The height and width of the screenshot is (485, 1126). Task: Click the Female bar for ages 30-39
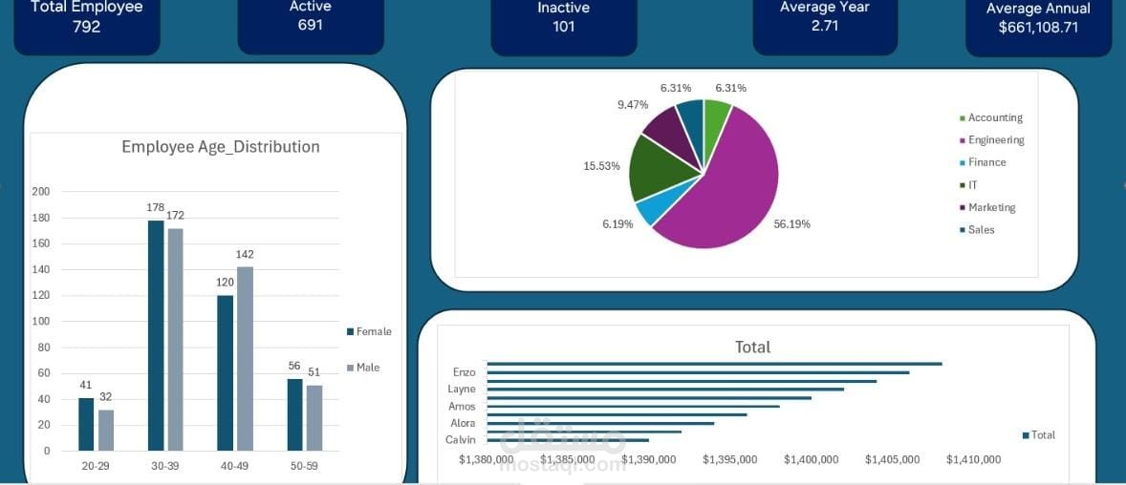pyautogui.click(x=156, y=335)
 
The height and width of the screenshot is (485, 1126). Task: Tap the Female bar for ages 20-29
pyautogui.click(x=86, y=424)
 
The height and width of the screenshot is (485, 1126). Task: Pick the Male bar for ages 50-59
pyautogui.click(x=314, y=417)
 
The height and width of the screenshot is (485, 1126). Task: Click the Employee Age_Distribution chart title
pyautogui.click(x=220, y=147)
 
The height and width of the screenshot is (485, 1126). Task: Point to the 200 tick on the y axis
pyautogui.click(x=41, y=191)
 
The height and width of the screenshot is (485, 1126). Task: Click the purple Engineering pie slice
pyautogui.click(x=736, y=191)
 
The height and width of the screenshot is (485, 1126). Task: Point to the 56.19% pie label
pyautogui.click(x=791, y=224)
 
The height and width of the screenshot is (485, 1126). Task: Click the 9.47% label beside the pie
pyautogui.click(x=633, y=104)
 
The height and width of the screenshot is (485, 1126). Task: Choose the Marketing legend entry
pyautogui.click(x=991, y=207)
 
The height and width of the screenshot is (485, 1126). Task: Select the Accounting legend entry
pyautogui.click(x=994, y=117)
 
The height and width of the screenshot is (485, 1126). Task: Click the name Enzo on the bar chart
pyautogui.click(x=464, y=371)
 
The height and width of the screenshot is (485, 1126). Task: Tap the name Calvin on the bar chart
pyautogui.click(x=461, y=439)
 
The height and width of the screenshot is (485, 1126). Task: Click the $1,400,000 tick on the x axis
pyautogui.click(x=811, y=459)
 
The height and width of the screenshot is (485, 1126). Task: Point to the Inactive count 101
pyautogui.click(x=564, y=27)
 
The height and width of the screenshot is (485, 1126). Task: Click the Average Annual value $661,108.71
pyautogui.click(x=1038, y=28)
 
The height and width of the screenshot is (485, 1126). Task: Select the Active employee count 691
pyautogui.click(x=310, y=25)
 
